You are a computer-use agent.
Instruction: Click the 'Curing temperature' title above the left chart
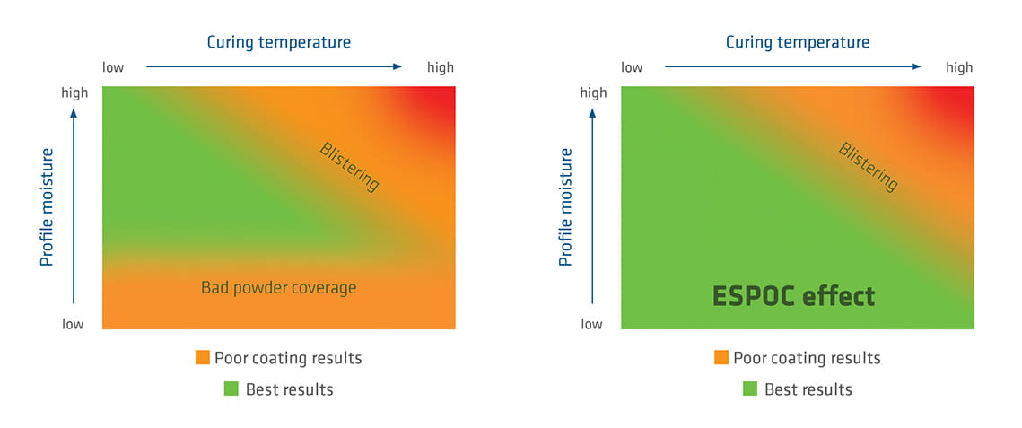278,42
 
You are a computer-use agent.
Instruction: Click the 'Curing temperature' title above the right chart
797,42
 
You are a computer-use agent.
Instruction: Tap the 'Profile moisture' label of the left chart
48,206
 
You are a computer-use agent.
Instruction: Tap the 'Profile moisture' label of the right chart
565,206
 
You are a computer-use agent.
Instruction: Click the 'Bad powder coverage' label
278,288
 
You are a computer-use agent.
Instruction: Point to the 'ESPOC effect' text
793,296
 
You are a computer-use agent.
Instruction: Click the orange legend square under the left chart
203,358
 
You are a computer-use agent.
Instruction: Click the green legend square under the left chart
231,389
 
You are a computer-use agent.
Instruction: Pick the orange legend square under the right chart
721,358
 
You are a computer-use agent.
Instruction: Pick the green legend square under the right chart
750,389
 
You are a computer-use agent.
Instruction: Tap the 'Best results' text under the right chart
808,389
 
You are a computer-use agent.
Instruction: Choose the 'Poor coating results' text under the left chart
288,358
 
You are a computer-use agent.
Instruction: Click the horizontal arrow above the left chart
274,66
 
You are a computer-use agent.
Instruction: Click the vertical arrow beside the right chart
593,206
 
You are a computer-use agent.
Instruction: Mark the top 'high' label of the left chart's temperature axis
441,67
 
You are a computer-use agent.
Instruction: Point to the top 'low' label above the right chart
632,67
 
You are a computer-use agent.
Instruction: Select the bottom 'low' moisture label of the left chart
73,324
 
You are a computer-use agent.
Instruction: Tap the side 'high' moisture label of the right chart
593,92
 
